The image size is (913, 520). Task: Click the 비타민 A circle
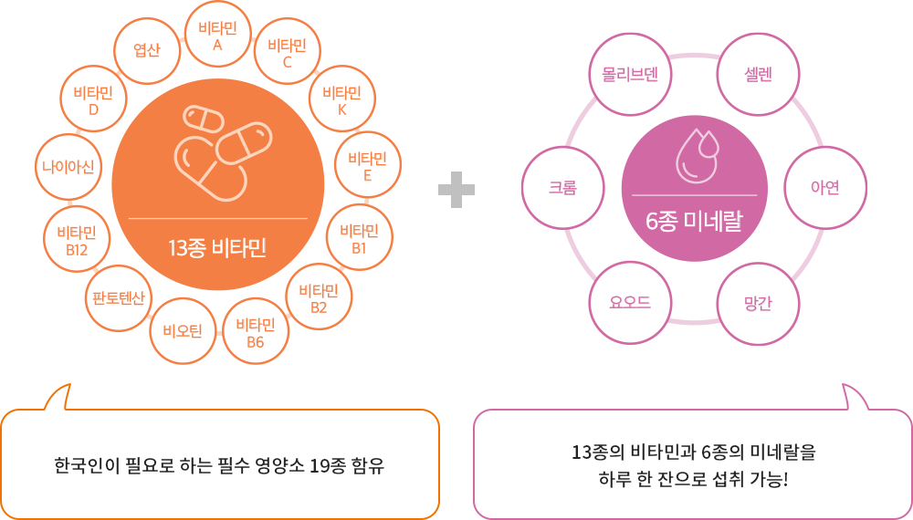click(218, 36)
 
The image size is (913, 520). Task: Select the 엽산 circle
click(147, 50)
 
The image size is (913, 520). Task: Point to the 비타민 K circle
click(341, 100)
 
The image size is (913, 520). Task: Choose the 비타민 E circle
click(367, 166)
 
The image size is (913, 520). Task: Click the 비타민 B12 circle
click(77, 240)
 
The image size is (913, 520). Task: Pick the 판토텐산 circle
click(118, 298)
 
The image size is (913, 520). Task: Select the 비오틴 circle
click(183, 331)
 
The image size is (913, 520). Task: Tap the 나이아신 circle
click(68, 168)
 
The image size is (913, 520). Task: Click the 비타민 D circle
click(93, 100)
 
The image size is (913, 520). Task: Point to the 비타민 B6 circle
click(256, 332)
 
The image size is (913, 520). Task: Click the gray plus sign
click(456, 190)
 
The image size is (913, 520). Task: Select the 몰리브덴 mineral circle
click(630, 75)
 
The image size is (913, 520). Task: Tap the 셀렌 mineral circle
click(758, 75)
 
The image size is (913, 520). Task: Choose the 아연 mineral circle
click(825, 188)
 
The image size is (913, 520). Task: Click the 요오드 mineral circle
click(630, 303)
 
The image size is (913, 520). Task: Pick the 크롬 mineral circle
click(563, 188)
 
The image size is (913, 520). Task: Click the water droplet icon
click(697, 157)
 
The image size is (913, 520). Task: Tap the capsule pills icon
click(223, 153)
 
